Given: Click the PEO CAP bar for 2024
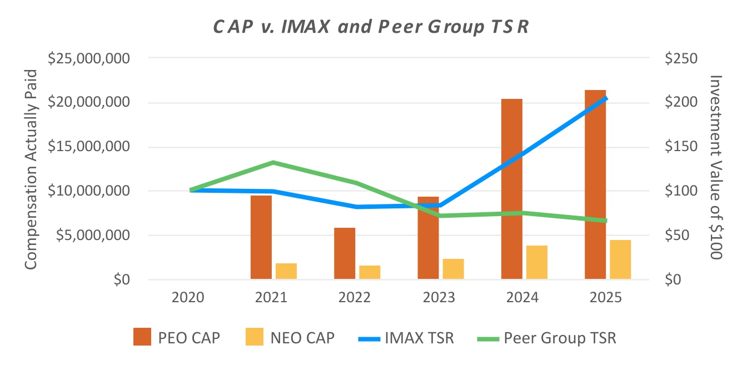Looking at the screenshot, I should [511, 189].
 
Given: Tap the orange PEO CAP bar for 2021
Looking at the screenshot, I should [261, 237].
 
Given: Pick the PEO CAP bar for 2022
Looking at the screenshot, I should [345, 253].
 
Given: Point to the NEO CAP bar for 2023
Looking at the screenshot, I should [453, 269].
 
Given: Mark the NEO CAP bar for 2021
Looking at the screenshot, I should [286, 271].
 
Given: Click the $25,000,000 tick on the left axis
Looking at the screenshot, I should [89, 59].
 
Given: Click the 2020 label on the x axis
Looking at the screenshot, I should [188, 297].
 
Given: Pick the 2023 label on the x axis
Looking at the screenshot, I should [439, 297].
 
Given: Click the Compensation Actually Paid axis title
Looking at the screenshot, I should [31, 169].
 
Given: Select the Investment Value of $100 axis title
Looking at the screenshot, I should [715, 167].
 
